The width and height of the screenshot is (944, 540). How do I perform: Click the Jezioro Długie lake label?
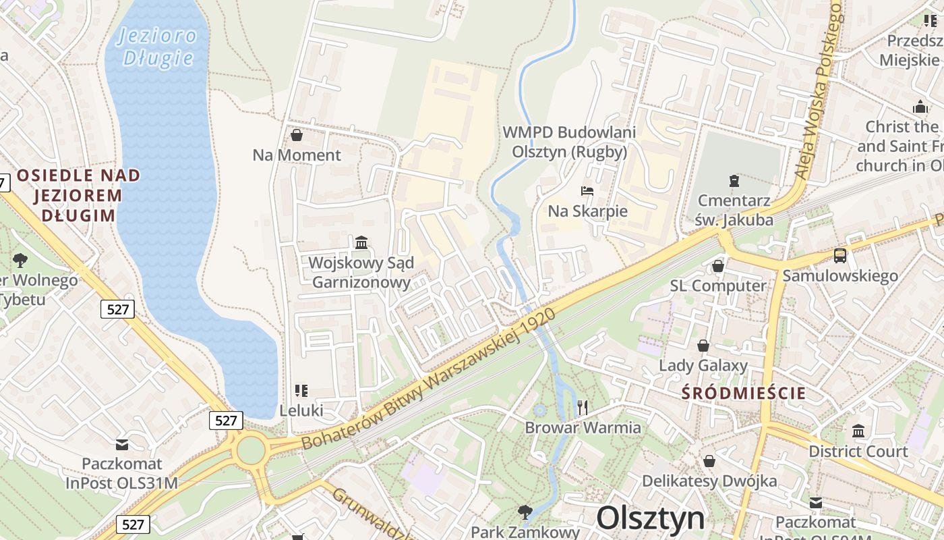[158, 47]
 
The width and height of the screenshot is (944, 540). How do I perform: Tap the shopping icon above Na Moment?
[296, 136]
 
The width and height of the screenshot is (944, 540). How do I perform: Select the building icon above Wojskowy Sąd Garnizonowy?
[361, 242]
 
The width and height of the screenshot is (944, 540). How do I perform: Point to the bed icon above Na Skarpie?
[587, 191]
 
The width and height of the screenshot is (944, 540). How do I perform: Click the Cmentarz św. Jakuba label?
[734, 209]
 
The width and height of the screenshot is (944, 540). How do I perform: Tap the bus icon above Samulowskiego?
[840, 256]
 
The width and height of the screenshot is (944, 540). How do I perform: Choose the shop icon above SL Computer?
[718, 266]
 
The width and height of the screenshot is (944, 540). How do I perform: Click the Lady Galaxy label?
[703, 366]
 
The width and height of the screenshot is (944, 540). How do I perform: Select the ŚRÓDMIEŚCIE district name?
[744, 394]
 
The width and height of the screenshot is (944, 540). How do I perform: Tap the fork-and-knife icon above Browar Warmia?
[583, 407]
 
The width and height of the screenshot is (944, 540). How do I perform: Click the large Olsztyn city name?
[651, 518]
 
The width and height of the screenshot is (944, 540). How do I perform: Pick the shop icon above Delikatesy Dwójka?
[709, 461]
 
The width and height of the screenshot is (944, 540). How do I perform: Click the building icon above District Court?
[858, 431]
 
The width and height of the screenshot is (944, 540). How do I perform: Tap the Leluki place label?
[301, 410]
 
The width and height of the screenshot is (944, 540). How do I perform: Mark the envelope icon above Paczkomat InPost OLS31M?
[122, 444]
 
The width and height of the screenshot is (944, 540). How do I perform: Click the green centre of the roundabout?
[250, 450]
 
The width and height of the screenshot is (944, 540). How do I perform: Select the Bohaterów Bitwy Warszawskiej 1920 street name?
[429, 378]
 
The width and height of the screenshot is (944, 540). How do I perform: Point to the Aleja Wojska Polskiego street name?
[819, 91]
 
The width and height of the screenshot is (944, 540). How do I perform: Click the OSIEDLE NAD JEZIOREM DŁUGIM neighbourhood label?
[79, 196]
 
